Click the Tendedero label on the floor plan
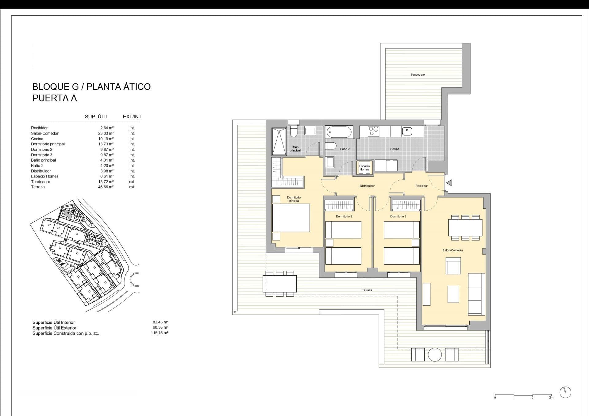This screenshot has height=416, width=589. tap(418, 75)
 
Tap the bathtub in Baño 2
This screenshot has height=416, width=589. tap(339, 132)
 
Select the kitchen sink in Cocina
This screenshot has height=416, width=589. tap(407, 131)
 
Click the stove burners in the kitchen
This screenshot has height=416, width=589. tap(374, 131)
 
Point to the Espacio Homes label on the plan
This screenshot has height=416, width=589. tap(364, 168)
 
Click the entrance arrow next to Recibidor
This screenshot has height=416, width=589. tap(449, 183)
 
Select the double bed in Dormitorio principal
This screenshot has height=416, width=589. tap(291, 218)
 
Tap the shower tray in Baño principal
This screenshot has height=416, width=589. tap(279, 141)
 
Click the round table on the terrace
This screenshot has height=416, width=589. tap(435, 355)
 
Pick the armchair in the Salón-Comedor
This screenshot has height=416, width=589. tap(453, 266)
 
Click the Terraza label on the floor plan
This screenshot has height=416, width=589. tap(367, 290)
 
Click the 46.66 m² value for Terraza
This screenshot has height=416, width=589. tap(106, 187)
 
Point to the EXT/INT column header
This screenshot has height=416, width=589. tap(132, 117)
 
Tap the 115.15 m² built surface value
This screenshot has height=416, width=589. tap(160, 333)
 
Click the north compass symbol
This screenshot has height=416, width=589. tap(565, 392)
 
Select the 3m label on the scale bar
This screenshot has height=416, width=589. tap(551, 398)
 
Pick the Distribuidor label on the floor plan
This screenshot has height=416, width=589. tap(367, 186)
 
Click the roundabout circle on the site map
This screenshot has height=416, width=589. tap(135, 279)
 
